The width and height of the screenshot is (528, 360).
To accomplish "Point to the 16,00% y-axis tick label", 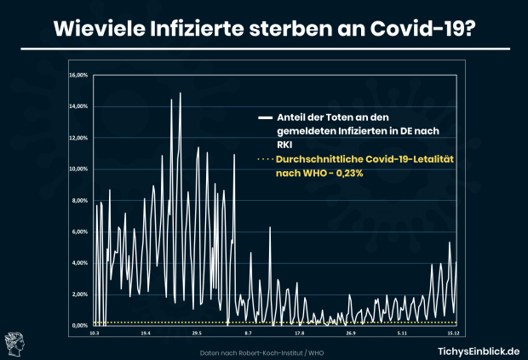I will point(77,75).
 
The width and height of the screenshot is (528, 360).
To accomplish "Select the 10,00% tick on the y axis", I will point(77,169).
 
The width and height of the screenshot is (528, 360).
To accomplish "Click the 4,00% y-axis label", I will point(78,263).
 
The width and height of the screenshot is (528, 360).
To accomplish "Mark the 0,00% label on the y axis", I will point(78,325).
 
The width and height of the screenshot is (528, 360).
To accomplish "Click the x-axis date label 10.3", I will point(94,334).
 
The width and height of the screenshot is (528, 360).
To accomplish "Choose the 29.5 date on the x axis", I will point(195,334).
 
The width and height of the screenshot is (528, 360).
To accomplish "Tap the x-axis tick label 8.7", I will point(248,334).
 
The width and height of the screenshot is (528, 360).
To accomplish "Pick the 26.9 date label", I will point(350,334).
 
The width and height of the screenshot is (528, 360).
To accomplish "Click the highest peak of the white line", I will point(180,93).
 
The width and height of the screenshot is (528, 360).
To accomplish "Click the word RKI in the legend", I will point(284,145).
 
